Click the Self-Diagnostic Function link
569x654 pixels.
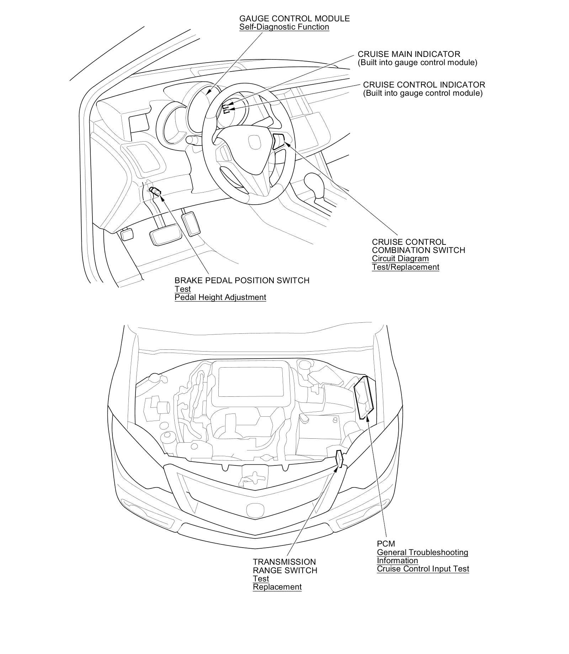pyautogui.click(x=284, y=27)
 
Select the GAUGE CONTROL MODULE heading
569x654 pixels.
pyautogui.click(x=294, y=19)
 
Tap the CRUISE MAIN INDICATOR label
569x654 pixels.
pyautogui.click(x=409, y=54)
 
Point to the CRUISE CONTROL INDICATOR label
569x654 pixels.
pyautogui.click(x=424, y=85)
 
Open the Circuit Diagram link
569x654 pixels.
pyautogui.click(x=400, y=259)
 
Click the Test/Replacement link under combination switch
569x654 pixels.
pyautogui.click(x=405, y=267)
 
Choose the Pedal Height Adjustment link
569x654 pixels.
pyautogui.click(x=220, y=297)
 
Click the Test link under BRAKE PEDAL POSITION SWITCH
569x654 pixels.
pyautogui.click(x=182, y=289)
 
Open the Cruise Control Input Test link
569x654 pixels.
pyautogui.click(x=423, y=569)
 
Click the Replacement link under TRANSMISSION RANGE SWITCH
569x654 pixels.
pyautogui.click(x=277, y=587)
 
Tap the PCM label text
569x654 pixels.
pyautogui.click(x=386, y=544)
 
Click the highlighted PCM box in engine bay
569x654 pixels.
pyautogui.click(x=365, y=397)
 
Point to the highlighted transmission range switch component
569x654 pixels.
pyautogui.click(x=339, y=459)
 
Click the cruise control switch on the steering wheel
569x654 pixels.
pyautogui.click(x=279, y=140)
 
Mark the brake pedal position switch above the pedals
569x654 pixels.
pyautogui.click(x=155, y=191)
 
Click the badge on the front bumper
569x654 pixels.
pyautogui.click(x=255, y=509)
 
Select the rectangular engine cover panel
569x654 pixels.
pyautogui.click(x=251, y=382)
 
